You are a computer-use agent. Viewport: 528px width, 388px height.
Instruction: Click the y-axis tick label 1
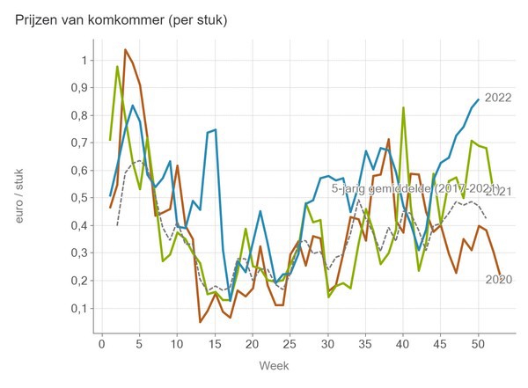coord(84,60)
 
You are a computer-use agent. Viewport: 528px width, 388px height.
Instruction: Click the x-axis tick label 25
coord(290,343)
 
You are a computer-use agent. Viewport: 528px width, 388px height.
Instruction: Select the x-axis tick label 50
coord(478,343)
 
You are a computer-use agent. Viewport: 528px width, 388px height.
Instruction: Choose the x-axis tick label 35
coord(365,343)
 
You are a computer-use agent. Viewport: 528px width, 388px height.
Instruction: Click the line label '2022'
coord(499,98)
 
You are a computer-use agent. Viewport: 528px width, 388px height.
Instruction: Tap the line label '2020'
coord(499,280)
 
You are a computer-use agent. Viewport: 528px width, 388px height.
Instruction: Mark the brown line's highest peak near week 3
coord(125,49)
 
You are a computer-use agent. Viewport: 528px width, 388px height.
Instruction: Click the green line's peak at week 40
coord(403,107)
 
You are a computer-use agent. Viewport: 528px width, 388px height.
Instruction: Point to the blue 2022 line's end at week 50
coord(478,99)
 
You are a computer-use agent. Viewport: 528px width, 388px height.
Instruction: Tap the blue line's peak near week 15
coord(215,129)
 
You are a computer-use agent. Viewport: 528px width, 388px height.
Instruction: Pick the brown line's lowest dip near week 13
coord(200,322)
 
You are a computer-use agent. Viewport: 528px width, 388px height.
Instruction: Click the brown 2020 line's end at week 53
coord(500,275)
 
